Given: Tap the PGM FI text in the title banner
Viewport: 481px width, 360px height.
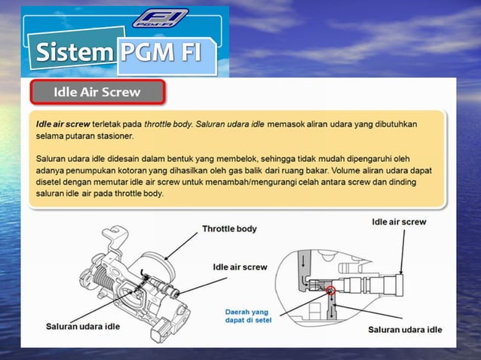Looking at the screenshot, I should coord(167,53).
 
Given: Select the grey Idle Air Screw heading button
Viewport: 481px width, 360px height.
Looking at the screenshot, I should coord(97,93).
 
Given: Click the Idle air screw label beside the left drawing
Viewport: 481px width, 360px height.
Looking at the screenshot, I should coord(240,267).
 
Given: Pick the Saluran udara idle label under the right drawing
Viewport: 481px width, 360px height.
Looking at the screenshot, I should coord(405,329).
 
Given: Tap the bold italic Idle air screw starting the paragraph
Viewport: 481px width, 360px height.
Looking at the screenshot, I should coord(63,124).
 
